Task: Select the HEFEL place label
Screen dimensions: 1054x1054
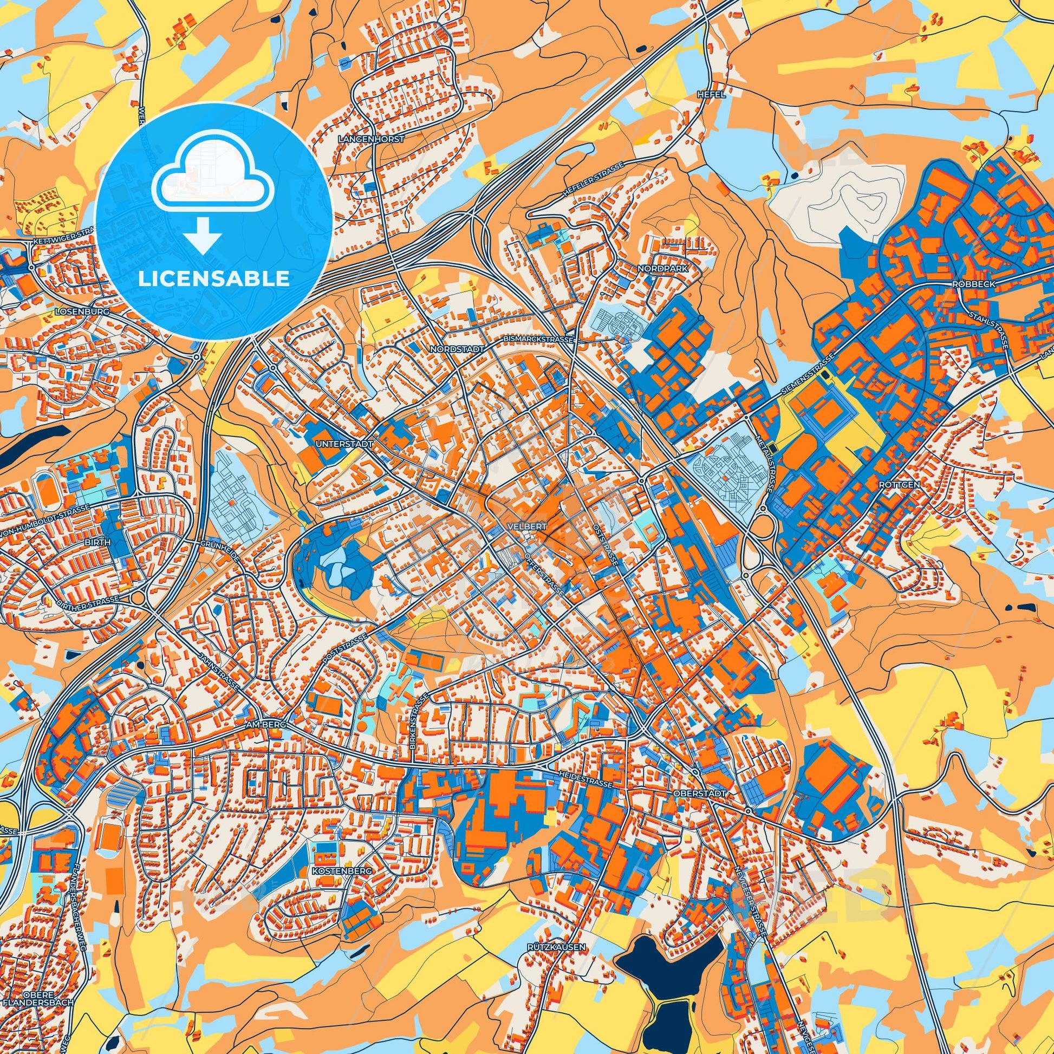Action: point(711,94)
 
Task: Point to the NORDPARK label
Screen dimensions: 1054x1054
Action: point(663,269)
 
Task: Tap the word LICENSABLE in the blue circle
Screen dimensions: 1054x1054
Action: point(214,279)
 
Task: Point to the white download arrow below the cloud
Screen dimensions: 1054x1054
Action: point(202,235)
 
